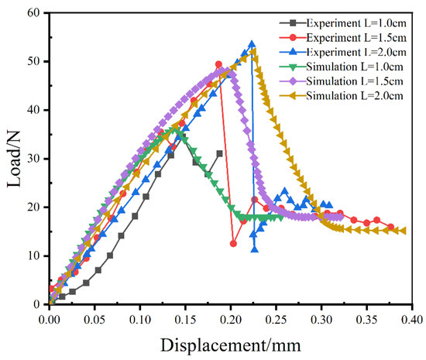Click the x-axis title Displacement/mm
[x=231, y=342]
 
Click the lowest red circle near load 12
[x=233, y=243]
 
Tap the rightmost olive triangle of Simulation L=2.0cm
[x=403, y=230]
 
